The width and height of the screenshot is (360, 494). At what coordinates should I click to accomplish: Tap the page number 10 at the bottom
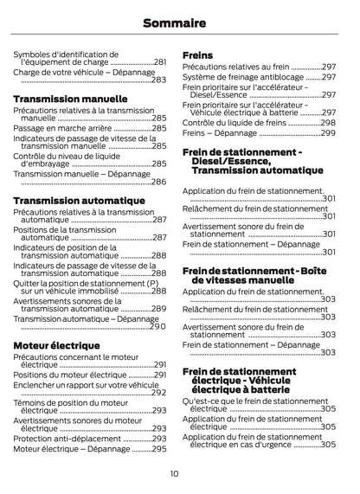click(174, 473)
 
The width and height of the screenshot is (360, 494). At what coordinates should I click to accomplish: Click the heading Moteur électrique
click(56, 346)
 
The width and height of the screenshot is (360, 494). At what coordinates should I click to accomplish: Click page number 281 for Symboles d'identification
click(160, 62)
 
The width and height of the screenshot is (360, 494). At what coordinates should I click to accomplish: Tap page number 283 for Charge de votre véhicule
click(158, 80)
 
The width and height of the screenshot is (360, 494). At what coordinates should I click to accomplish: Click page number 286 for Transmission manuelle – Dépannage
click(158, 182)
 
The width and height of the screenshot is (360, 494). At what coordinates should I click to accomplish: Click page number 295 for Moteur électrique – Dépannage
click(158, 449)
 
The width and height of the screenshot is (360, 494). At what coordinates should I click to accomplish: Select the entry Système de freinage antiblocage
click(243, 77)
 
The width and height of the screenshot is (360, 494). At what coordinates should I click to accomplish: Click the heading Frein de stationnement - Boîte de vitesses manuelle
click(254, 276)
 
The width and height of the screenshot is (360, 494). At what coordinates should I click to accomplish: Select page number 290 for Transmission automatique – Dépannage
click(157, 327)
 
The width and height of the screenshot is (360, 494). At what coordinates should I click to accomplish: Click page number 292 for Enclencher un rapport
click(158, 392)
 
